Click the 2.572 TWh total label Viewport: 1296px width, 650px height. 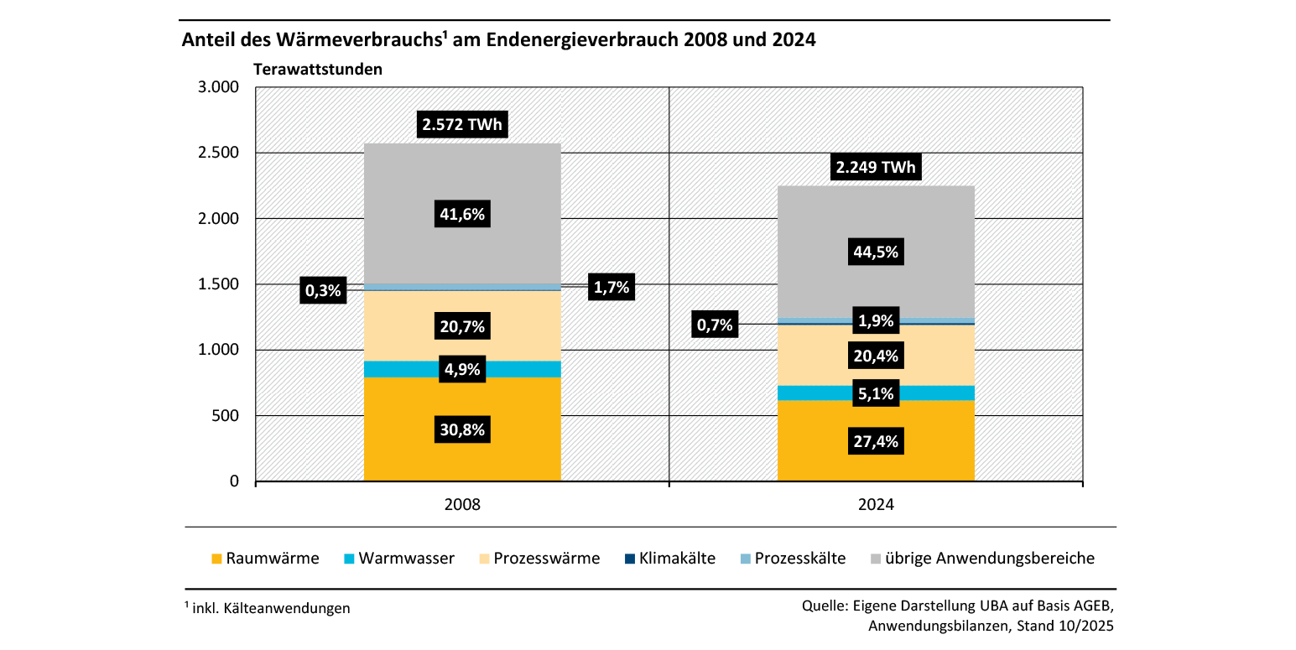click(x=462, y=126)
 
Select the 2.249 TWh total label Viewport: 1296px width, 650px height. click(x=876, y=168)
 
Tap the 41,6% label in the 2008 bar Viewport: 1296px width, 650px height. click(x=462, y=214)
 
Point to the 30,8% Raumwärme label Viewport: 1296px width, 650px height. click(x=462, y=430)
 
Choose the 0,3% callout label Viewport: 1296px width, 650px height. click(x=323, y=291)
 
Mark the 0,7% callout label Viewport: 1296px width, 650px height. click(x=715, y=325)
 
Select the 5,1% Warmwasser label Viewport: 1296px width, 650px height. click(x=876, y=393)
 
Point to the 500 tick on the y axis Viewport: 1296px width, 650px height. click(x=227, y=416)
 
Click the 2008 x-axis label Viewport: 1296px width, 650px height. click(x=462, y=506)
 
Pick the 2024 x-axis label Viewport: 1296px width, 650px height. click(x=876, y=506)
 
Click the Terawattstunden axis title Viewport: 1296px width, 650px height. click(x=318, y=70)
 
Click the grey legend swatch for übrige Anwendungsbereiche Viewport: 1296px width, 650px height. click(x=877, y=559)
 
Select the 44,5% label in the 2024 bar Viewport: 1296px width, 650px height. click(x=876, y=251)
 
